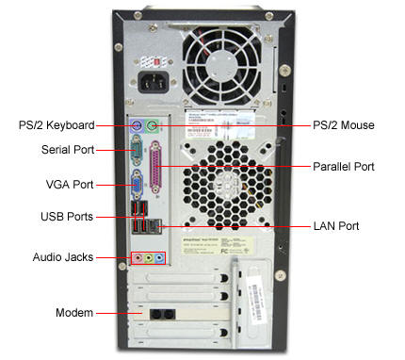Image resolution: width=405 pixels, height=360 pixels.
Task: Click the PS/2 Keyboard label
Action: tap(57, 125)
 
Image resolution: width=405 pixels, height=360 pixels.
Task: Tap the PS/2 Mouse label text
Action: tap(344, 125)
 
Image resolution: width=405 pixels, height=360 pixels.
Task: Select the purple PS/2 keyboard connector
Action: tap(137, 126)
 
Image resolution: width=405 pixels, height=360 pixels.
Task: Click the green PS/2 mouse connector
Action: tap(152, 126)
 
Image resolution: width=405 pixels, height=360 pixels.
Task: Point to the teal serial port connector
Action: tap(137, 151)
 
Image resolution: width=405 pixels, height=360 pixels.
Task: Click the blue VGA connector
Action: tap(137, 185)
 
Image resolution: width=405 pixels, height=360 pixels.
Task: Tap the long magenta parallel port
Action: tap(155, 167)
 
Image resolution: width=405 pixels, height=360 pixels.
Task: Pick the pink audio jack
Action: tap(138, 258)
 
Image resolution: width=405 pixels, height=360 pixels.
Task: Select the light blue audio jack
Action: tap(159, 258)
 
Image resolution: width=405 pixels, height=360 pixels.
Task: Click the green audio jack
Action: tap(149, 258)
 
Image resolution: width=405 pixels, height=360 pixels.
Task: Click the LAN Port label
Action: tap(336, 226)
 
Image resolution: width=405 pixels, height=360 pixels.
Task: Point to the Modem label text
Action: tap(74, 313)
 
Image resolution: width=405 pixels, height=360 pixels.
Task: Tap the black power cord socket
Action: tap(154, 82)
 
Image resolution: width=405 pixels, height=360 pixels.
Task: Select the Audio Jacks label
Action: tap(63, 257)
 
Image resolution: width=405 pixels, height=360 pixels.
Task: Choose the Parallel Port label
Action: tap(344, 167)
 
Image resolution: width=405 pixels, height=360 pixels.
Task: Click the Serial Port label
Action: tap(68, 150)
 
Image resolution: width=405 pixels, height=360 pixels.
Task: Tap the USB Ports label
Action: tap(67, 217)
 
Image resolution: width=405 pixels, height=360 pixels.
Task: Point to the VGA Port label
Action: tap(70, 185)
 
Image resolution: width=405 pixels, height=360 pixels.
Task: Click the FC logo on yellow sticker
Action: tap(224, 251)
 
